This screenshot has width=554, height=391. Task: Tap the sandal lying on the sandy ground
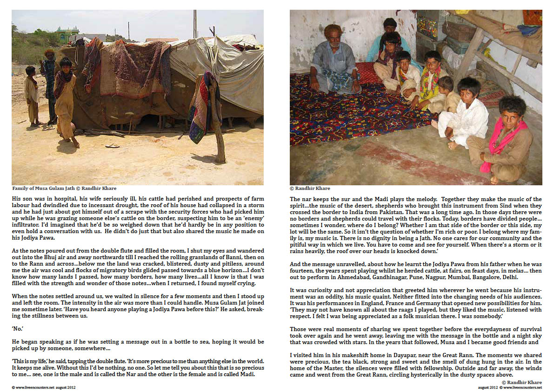tap(112, 146)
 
